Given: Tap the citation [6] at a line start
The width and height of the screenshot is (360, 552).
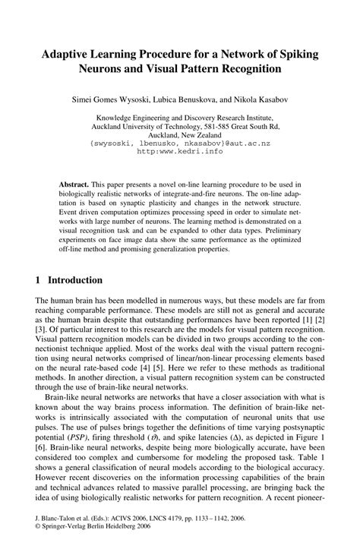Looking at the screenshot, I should pyautogui.click(x=43, y=448).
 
